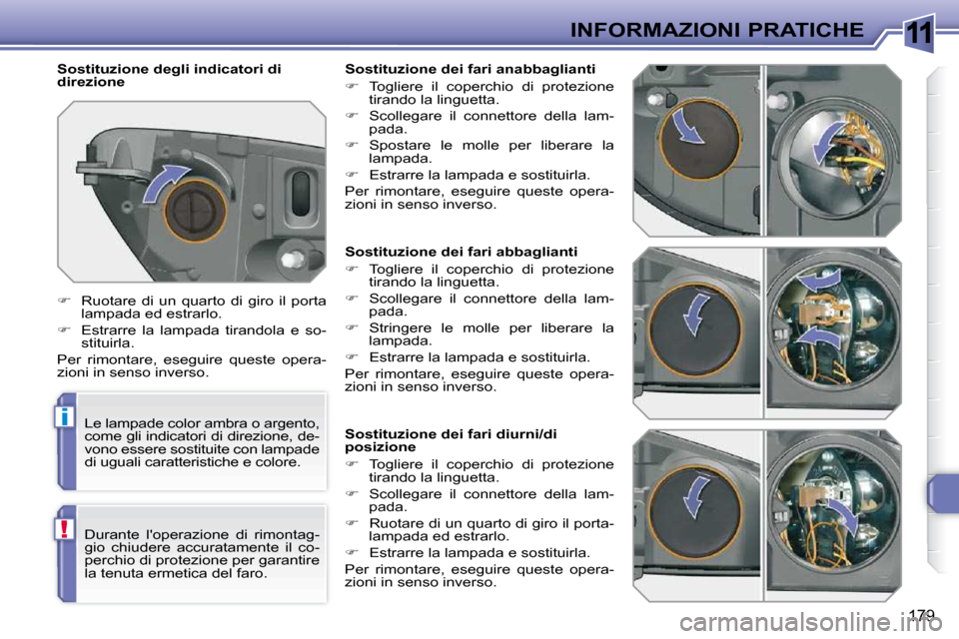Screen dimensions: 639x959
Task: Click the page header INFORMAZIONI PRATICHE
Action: click(716, 29)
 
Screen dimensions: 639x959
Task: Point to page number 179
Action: click(922, 613)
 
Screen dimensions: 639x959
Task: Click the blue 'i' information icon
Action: click(64, 416)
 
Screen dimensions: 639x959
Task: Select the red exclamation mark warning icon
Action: click(64, 529)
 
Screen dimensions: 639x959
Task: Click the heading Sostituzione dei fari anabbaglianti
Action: click(470, 69)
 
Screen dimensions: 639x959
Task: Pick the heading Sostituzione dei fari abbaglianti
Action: click(461, 252)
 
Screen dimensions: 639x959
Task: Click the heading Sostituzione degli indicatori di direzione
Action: click(169, 75)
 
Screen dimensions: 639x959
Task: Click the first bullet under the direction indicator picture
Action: click(65, 302)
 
